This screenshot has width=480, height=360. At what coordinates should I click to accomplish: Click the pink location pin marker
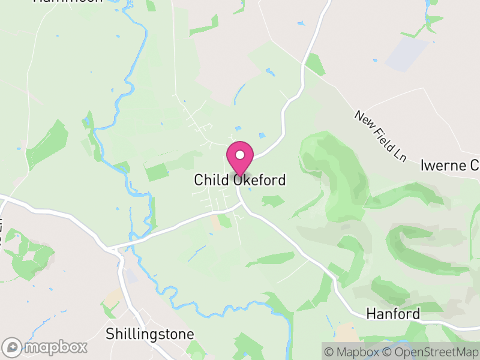(x=240, y=158)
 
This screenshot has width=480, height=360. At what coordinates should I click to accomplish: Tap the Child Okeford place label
(x=240, y=180)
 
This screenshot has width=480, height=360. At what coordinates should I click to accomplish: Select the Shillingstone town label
(x=150, y=334)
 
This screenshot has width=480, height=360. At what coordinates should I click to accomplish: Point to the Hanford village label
(x=393, y=314)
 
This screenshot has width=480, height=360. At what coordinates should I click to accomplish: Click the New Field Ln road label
(x=380, y=136)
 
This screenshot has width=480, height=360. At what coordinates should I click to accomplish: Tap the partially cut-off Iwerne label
(x=450, y=165)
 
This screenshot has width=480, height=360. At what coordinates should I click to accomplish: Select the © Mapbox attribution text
(x=354, y=351)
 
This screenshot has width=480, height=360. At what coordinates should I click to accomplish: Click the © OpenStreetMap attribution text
(x=431, y=351)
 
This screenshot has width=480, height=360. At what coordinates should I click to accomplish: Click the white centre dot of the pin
(x=240, y=155)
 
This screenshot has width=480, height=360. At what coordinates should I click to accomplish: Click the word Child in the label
(x=211, y=180)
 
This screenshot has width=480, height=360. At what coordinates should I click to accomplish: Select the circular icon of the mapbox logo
(x=12, y=347)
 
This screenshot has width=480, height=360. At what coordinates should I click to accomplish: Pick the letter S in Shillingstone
(x=110, y=334)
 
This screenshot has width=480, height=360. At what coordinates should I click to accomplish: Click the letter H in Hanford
(x=371, y=314)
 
